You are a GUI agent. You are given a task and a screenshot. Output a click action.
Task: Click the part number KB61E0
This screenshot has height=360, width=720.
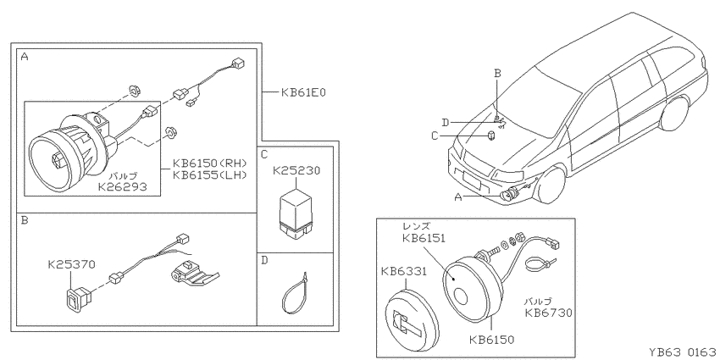pos(303,92)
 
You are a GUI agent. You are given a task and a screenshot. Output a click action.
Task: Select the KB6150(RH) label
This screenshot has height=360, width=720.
pos(210,163)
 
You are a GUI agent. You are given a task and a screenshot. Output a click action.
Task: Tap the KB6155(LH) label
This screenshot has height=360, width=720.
pos(210,175)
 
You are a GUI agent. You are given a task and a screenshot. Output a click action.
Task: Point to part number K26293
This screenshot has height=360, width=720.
pos(122,187)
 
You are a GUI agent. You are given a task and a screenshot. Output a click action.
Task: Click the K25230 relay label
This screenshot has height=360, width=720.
pos(296,171)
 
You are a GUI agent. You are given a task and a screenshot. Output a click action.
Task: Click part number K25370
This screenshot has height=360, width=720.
pos(72,264)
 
